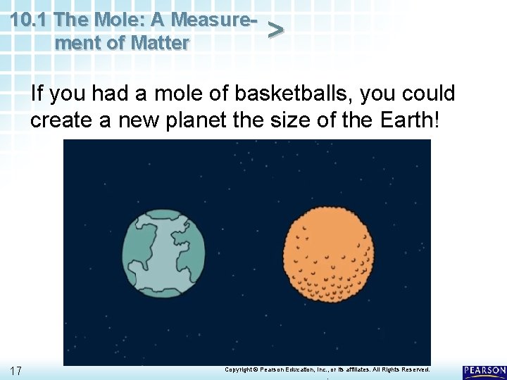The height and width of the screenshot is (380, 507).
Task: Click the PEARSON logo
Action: click(484, 371)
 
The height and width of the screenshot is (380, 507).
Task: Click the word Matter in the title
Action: click(161, 43)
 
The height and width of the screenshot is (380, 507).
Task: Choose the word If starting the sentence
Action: click(37, 93)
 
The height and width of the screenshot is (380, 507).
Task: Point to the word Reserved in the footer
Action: click(413, 369)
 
